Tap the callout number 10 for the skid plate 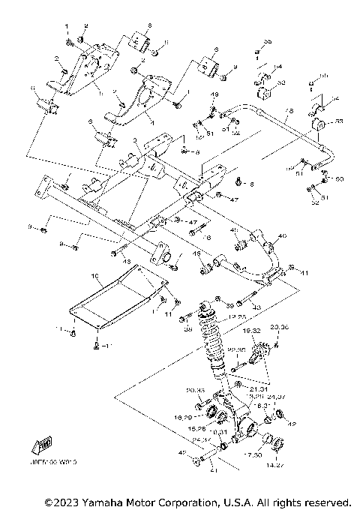95,277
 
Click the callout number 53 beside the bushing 340,121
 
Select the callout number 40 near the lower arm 282,236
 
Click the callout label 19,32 253,330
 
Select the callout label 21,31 259,388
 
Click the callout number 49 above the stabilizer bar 214,94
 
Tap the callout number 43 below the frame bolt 126,261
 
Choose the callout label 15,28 197,428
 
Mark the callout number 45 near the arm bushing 197,254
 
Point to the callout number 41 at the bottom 213,470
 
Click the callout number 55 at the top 268,40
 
